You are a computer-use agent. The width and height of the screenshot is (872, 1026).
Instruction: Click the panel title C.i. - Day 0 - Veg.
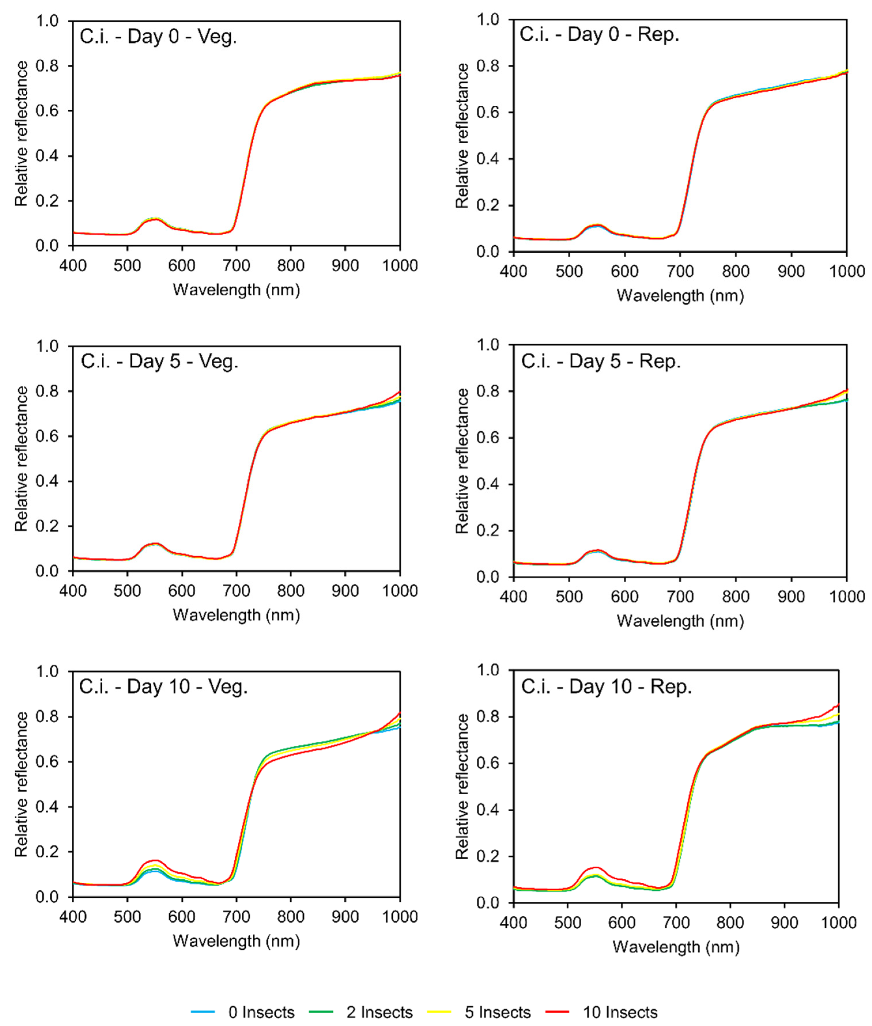click(158, 37)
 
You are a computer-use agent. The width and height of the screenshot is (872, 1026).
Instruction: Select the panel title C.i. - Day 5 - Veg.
click(159, 362)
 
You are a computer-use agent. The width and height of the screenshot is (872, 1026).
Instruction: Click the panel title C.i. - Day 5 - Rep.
click(601, 362)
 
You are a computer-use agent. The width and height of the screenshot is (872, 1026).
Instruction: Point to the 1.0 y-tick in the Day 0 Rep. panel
click(489, 20)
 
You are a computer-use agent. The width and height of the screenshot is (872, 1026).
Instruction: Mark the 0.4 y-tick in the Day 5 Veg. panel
click(48, 481)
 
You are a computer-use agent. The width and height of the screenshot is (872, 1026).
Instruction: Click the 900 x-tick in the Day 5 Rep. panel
click(791, 596)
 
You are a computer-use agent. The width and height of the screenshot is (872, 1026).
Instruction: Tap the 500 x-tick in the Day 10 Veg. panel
click(128, 916)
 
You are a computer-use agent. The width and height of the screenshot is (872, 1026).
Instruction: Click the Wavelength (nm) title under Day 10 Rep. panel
click(676, 946)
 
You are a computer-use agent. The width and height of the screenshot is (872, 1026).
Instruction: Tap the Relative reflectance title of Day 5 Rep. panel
click(462, 461)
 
